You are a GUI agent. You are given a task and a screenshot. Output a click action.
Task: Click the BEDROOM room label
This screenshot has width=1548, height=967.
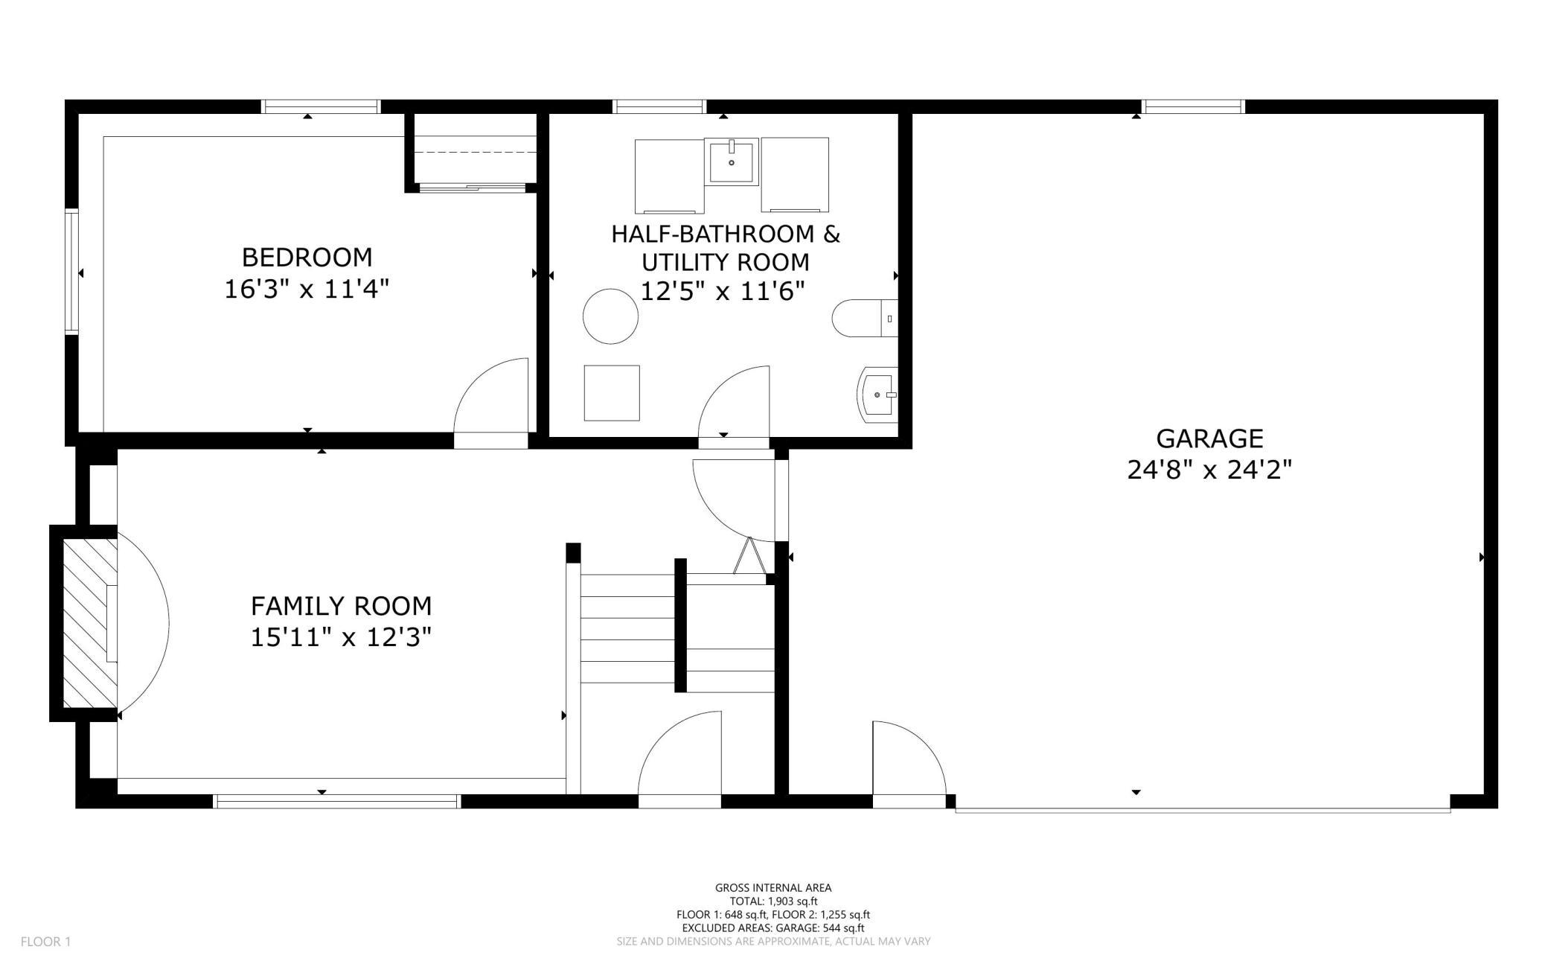click(x=307, y=258)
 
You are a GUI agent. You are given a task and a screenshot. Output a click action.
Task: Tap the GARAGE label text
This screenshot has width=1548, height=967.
click(x=1209, y=438)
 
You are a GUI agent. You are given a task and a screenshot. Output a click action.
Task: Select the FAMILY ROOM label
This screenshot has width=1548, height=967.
click(x=341, y=606)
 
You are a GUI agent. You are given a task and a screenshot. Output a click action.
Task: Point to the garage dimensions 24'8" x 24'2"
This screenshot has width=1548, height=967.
click(x=1209, y=470)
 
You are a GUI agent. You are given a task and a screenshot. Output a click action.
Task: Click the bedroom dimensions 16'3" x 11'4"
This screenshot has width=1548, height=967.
click(x=307, y=288)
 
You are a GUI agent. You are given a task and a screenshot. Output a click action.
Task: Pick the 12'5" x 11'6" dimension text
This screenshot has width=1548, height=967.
click(x=723, y=291)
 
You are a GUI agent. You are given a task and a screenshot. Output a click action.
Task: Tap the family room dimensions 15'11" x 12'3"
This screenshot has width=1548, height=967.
click(x=341, y=637)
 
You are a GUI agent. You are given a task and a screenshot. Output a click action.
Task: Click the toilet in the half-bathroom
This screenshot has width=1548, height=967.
click(x=865, y=318)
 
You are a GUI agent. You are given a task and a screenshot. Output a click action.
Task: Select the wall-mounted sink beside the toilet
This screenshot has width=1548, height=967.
click(x=878, y=395)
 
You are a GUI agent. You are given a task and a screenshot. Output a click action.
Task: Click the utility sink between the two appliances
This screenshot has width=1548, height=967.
click(x=732, y=162)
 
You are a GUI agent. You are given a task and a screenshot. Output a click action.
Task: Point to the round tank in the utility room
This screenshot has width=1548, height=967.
click(x=610, y=316)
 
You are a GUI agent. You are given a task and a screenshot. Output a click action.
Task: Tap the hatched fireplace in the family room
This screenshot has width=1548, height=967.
click(x=89, y=622)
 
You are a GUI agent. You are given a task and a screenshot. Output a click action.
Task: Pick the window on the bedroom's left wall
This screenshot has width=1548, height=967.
click(x=71, y=272)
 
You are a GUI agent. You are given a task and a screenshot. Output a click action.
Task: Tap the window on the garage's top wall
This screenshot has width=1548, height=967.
click(x=1194, y=106)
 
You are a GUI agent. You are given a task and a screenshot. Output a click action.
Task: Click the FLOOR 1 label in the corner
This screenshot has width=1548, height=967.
click(x=45, y=942)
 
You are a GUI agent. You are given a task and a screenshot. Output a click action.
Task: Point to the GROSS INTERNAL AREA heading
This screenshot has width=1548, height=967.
click(x=773, y=887)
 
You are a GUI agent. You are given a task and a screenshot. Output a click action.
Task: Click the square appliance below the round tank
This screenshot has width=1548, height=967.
click(x=612, y=393)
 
